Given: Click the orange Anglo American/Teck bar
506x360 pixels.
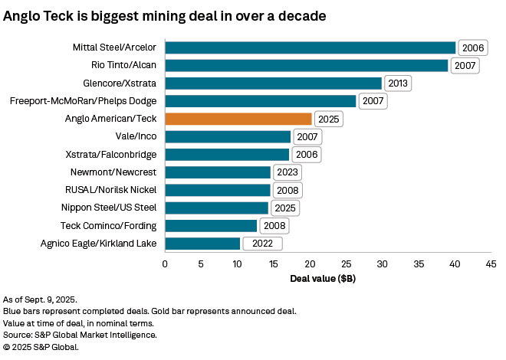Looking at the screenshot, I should pyautogui.click(x=238, y=119).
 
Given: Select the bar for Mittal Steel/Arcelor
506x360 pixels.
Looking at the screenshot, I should pyautogui.click(x=310, y=47).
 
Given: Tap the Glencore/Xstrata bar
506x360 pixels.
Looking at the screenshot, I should pyautogui.click(x=273, y=83).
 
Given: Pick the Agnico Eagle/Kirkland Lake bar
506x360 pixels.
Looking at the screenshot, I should pyautogui.click(x=202, y=244).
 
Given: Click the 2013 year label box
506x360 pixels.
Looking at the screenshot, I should pyautogui.click(x=397, y=83).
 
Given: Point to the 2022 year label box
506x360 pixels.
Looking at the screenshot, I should pyautogui.click(x=262, y=244).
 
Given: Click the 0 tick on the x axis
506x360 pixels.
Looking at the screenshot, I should pyautogui.click(x=165, y=264).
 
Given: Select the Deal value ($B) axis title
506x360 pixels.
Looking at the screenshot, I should pyautogui.click(x=323, y=278).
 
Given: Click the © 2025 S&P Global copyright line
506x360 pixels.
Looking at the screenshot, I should pyautogui.click(x=41, y=347).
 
